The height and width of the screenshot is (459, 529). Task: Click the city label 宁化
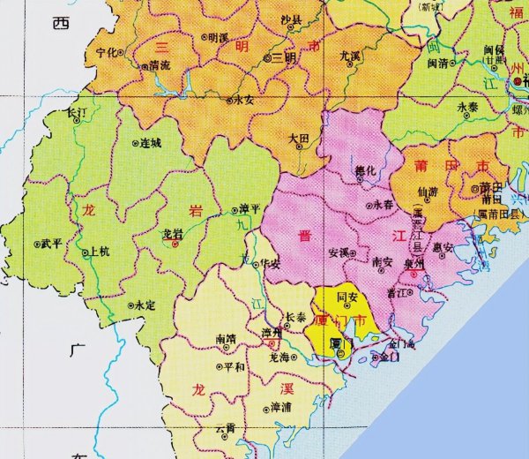click(x=108, y=52)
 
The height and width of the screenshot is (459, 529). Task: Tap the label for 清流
click(x=160, y=65)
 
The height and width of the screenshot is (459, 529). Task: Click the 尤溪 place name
click(x=350, y=56)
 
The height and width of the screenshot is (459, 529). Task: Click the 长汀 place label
click(x=78, y=114)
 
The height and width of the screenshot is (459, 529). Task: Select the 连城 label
click(x=151, y=142)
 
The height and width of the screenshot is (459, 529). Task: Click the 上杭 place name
click(x=101, y=252)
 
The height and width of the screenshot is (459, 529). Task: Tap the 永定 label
click(x=144, y=305)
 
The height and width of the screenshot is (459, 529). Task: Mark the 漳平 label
click(x=250, y=209)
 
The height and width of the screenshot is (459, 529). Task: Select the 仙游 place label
click(x=427, y=190)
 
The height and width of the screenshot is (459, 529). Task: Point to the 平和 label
click(x=234, y=366)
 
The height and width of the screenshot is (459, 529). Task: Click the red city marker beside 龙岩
click(x=175, y=245)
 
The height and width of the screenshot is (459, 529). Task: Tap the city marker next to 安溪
click(x=354, y=252)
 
